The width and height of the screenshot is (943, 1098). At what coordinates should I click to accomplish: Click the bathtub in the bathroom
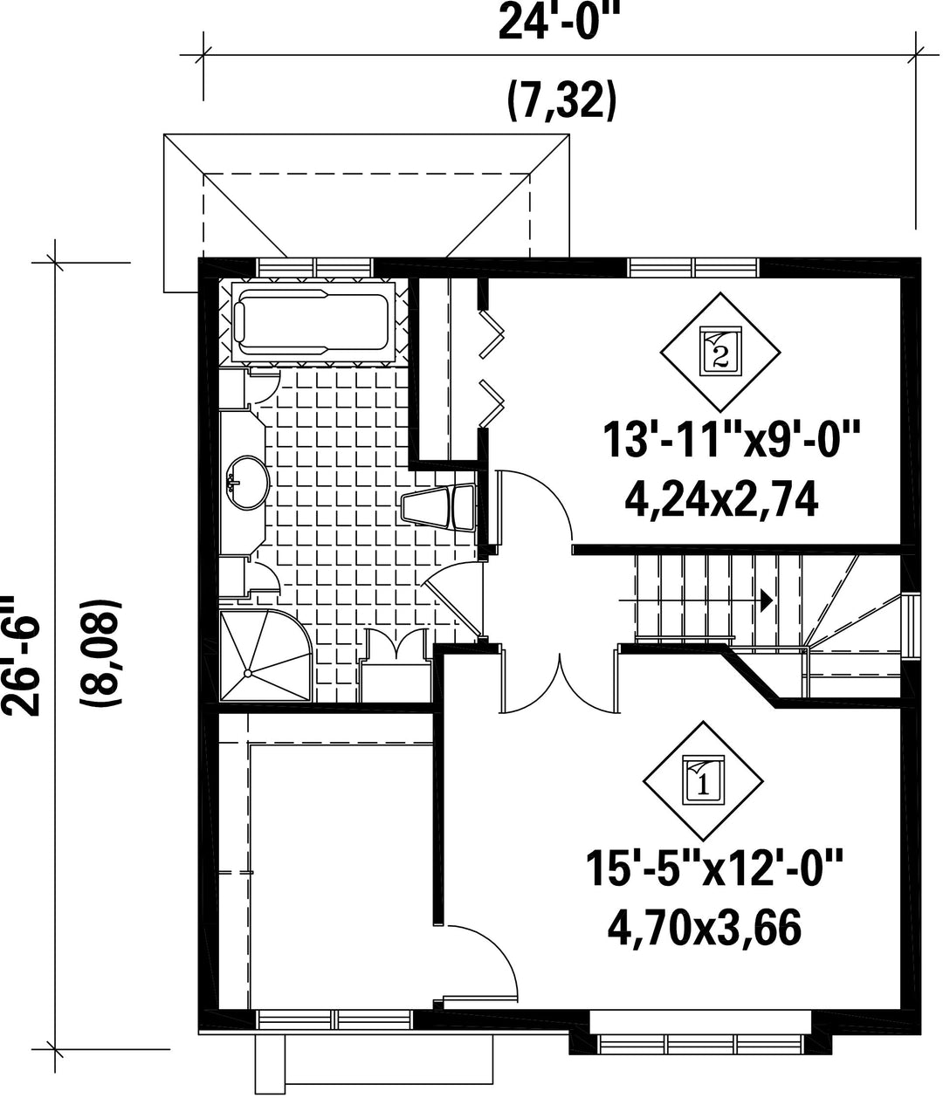[x=313, y=322]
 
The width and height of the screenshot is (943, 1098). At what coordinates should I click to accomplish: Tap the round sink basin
[x=248, y=482]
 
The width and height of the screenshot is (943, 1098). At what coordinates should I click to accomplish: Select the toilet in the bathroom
[x=439, y=507]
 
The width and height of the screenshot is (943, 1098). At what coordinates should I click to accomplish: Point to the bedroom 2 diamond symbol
[x=720, y=353]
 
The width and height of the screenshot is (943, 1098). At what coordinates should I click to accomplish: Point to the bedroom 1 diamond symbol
[x=703, y=781]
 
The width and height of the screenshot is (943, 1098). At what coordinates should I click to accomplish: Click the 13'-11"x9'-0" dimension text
[x=731, y=439]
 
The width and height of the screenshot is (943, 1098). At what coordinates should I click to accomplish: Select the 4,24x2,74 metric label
[x=721, y=502]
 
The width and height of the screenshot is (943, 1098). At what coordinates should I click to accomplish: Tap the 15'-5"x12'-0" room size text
[x=715, y=868]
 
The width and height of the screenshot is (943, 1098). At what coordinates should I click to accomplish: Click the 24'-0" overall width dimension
[x=561, y=21]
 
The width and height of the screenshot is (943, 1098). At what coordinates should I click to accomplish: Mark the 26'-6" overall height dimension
[x=21, y=656]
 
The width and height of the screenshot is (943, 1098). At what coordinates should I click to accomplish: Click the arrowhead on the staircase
[x=766, y=600]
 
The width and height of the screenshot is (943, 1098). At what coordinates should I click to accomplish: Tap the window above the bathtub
[x=314, y=267]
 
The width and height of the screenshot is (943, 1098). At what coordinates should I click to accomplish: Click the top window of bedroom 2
[x=694, y=267]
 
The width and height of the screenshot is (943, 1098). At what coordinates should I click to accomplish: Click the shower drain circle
[x=248, y=673]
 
